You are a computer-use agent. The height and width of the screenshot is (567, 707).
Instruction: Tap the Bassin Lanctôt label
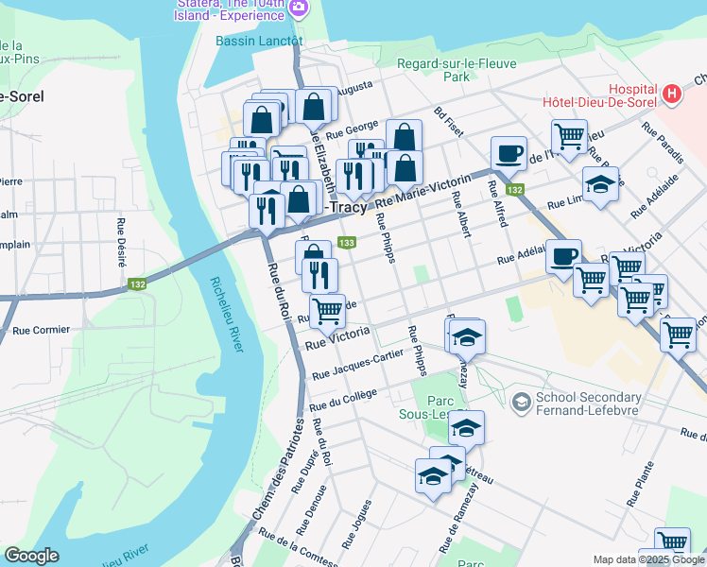pos(258,41)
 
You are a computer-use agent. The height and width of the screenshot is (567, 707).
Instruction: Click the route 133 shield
pos(347,243)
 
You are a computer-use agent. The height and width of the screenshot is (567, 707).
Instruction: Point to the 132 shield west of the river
pos(137,284)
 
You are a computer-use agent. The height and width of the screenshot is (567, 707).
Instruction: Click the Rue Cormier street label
pos(42,331)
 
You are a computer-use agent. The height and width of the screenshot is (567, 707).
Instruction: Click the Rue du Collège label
pos(343,400)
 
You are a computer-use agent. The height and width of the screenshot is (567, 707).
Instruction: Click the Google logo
pos(31,556)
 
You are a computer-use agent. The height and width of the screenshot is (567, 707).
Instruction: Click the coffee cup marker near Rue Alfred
pos(509,152)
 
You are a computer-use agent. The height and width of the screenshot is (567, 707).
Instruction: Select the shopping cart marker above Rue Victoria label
pos(327,309)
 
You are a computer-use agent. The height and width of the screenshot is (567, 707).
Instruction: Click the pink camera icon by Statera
pos(300,9)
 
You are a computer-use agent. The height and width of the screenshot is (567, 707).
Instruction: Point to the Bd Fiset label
pos(448,121)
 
